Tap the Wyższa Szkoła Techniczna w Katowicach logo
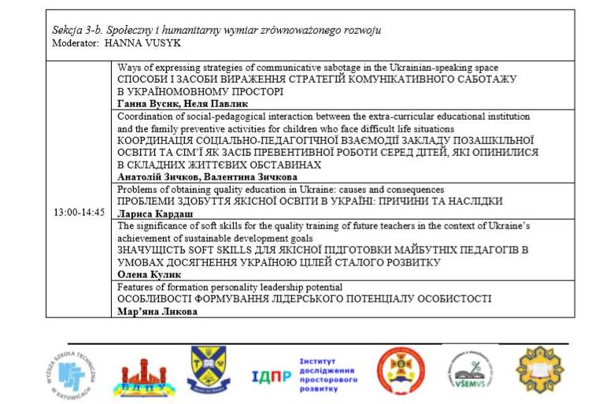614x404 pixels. (73, 372)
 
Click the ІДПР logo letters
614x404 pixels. (272, 375)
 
